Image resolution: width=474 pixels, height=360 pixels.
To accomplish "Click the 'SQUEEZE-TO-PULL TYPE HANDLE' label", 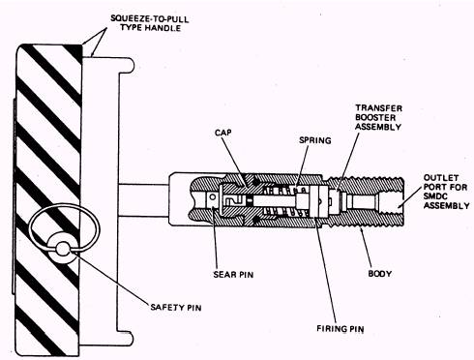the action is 150,23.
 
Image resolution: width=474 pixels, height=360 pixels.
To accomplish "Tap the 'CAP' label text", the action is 223,133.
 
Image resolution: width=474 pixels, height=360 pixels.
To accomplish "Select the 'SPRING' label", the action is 315,140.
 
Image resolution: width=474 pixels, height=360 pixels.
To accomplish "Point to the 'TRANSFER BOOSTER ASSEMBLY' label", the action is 378,117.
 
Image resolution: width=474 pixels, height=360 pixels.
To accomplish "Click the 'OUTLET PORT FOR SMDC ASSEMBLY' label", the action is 447,192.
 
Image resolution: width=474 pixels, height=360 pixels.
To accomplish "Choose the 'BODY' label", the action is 380,274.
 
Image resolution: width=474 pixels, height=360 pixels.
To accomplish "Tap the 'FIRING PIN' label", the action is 341,329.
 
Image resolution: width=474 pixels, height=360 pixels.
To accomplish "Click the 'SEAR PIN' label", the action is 233,275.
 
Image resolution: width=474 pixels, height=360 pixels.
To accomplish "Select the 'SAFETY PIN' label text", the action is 176,307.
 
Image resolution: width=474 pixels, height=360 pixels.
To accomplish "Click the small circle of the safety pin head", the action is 63,249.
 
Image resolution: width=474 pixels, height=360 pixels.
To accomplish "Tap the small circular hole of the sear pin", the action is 213,196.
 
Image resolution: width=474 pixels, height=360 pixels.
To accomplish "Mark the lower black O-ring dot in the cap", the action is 255,220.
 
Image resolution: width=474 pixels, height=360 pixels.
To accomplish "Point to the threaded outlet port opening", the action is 391,202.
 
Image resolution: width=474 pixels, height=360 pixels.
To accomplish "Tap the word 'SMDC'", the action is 435,196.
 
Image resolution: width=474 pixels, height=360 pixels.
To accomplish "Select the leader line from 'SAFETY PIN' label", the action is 110,278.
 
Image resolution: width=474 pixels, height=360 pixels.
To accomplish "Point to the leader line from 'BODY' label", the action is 367,248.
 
